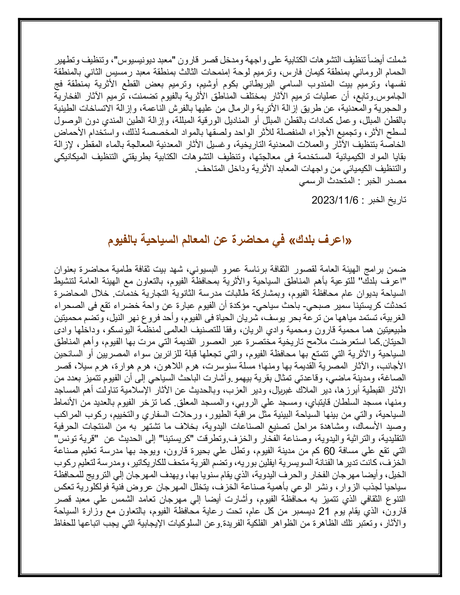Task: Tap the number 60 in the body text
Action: pos(329,451)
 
